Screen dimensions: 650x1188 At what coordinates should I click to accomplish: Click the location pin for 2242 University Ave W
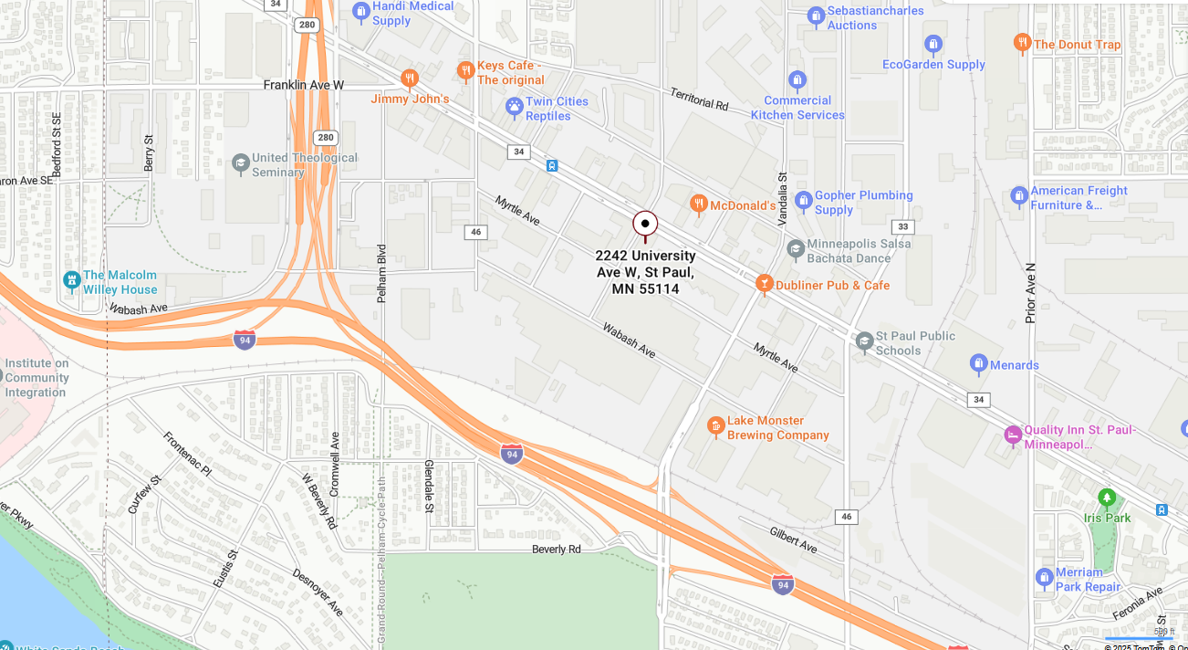(645, 224)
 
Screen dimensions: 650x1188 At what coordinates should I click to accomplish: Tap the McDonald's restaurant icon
(699, 204)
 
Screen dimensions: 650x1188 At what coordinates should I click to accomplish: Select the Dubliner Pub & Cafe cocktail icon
(765, 285)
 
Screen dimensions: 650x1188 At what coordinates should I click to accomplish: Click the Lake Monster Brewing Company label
(777, 428)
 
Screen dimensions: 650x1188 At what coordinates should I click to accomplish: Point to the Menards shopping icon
(979, 365)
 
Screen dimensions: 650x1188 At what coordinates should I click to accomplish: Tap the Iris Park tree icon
(1107, 498)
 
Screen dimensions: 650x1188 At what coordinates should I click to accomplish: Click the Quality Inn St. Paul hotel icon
(1013, 435)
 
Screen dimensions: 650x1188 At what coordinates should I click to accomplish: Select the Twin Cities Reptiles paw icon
(515, 108)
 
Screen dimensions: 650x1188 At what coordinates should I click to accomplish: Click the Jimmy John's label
(410, 99)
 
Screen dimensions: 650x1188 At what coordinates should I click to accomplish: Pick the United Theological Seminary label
(304, 165)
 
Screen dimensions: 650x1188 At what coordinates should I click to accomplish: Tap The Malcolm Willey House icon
(72, 281)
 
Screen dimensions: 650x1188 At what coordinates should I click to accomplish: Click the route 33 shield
(902, 226)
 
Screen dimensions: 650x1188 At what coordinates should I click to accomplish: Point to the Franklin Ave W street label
(304, 85)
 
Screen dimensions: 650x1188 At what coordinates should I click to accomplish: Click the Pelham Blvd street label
(382, 273)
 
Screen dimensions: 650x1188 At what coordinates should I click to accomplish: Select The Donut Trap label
(1077, 44)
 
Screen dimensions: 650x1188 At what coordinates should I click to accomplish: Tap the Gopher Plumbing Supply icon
(804, 201)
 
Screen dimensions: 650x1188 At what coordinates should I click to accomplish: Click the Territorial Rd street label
(699, 100)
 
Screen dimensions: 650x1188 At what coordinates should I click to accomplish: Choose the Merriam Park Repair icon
(1045, 578)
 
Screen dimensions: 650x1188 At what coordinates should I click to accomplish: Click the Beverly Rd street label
(557, 550)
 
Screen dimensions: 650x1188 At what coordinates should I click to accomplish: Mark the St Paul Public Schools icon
(865, 342)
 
